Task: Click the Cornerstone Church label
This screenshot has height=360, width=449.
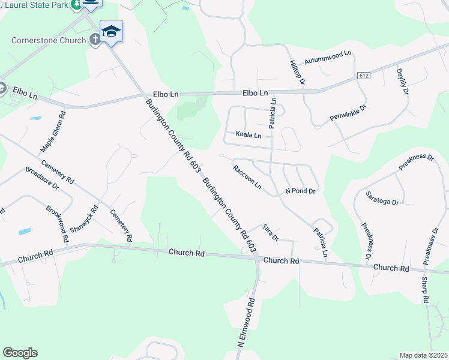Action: click(x=47, y=41)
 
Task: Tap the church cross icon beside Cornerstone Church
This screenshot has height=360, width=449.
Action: click(x=94, y=40)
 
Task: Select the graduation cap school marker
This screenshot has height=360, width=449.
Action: click(x=111, y=31)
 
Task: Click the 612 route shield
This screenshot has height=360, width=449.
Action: click(x=363, y=76)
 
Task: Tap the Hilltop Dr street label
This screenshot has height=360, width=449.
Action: click(x=298, y=72)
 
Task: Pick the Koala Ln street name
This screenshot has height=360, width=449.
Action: click(x=248, y=135)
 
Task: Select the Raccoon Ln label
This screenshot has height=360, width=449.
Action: click(x=247, y=177)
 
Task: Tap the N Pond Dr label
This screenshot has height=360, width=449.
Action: click(x=300, y=191)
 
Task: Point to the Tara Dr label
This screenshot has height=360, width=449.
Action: click(x=271, y=233)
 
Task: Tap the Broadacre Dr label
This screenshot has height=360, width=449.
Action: click(x=42, y=178)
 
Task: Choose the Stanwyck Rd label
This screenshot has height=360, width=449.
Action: click(x=83, y=221)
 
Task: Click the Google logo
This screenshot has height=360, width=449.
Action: click(x=20, y=353)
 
